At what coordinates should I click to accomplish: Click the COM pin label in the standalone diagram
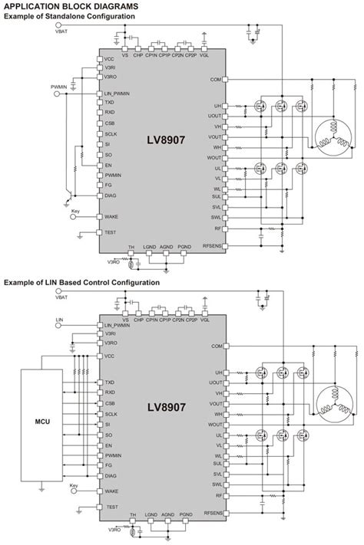(x=215, y=80)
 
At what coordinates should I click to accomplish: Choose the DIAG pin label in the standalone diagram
(x=111, y=195)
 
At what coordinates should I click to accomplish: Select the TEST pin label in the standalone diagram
(x=111, y=232)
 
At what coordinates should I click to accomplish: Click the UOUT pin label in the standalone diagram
(x=213, y=116)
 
